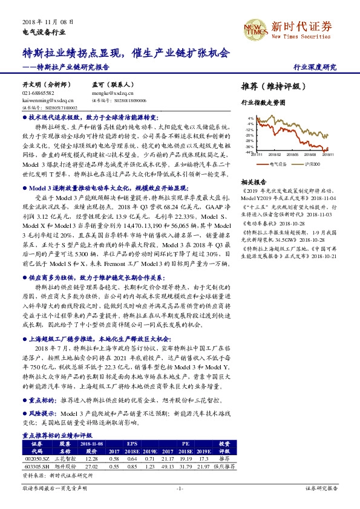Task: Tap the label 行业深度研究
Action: point(315,67)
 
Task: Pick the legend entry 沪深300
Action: point(312,163)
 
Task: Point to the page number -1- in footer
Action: point(180,487)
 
